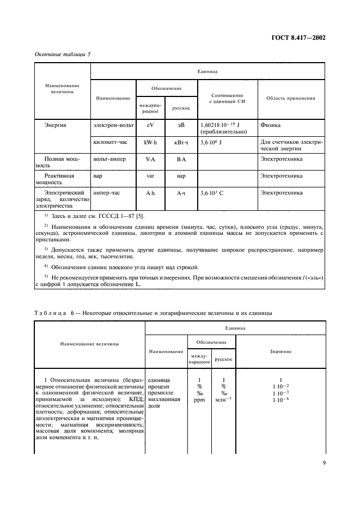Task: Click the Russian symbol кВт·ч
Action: pyautogui.click(x=181, y=143)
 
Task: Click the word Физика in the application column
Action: pyautogui.click(x=271, y=125)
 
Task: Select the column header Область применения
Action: pyautogui.click(x=290, y=98)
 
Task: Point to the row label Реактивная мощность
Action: pyautogui.click(x=59, y=179)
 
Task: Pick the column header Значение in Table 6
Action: pyautogui.click(x=280, y=351)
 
